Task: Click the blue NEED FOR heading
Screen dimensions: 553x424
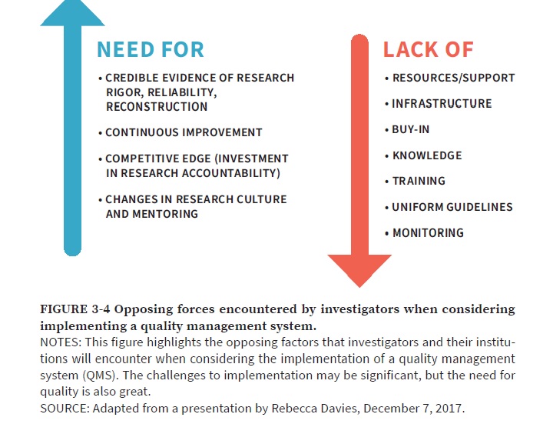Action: click(151, 49)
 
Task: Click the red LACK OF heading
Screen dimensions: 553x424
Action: click(428, 49)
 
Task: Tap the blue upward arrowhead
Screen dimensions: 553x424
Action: click(73, 13)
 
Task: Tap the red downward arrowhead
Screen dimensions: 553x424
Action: click(359, 271)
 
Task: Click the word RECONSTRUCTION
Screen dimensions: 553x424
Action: click(157, 107)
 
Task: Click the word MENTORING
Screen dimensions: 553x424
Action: click(165, 214)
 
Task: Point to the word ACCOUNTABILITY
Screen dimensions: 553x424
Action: click(231, 173)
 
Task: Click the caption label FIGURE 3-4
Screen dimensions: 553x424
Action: click(75, 309)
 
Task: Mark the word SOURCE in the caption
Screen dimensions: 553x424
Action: click(65, 409)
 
